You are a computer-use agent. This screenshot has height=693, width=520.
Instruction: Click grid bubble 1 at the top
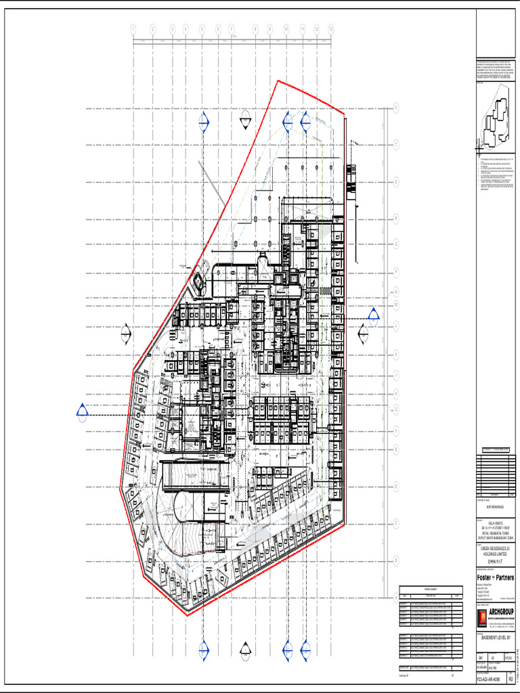coord(133,29)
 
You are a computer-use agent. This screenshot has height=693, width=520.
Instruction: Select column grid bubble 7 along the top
coord(232,29)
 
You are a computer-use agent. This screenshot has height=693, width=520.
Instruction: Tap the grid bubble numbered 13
coord(330,29)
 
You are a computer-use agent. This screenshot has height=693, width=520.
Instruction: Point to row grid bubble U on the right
coord(396,108)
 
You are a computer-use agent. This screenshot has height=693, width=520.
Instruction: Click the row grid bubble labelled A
coord(396,597)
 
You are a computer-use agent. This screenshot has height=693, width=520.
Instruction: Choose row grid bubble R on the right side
coord(396,219)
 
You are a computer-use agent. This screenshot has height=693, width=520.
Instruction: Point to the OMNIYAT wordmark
coord(492,561)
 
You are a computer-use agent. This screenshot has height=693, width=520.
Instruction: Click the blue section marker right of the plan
coord(374,314)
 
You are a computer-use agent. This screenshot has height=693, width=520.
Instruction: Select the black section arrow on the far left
coord(125,334)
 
